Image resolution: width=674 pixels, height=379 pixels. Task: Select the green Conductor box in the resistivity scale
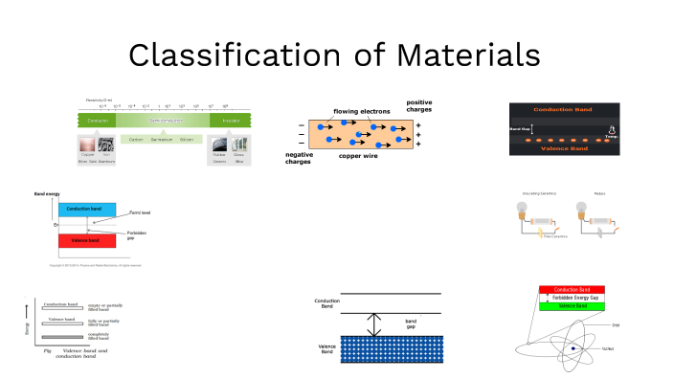coord(95,122)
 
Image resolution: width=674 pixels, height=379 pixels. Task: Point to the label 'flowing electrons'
coord(363,112)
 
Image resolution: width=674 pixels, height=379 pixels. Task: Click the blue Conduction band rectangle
coord(87,210)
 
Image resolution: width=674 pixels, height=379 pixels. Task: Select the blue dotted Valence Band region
coord(376,348)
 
